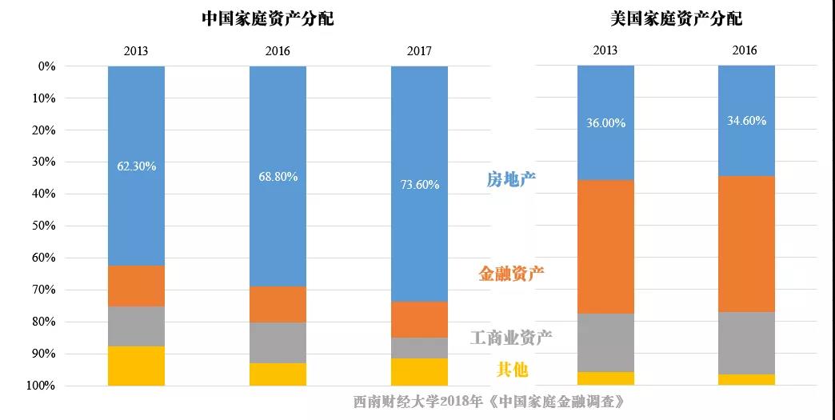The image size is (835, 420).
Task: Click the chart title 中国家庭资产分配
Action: tap(268, 18)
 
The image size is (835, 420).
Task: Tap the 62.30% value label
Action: tap(136, 166)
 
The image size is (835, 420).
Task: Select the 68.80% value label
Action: tap(278, 176)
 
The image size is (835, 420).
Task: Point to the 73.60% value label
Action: tap(419, 184)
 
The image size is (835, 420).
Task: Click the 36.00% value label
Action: tap(605, 123)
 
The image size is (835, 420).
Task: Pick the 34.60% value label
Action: tap(746, 121)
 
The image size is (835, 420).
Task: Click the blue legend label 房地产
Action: tap(511, 180)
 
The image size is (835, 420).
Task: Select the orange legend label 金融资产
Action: tap(511, 274)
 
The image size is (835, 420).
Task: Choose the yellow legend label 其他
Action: tap(512, 370)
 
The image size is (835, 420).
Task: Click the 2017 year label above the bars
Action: tap(419, 51)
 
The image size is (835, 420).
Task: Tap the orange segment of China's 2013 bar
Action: tap(136, 286)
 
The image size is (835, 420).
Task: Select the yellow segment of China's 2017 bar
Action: tap(419, 371)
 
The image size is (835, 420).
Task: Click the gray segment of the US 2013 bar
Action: tap(605, 342)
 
